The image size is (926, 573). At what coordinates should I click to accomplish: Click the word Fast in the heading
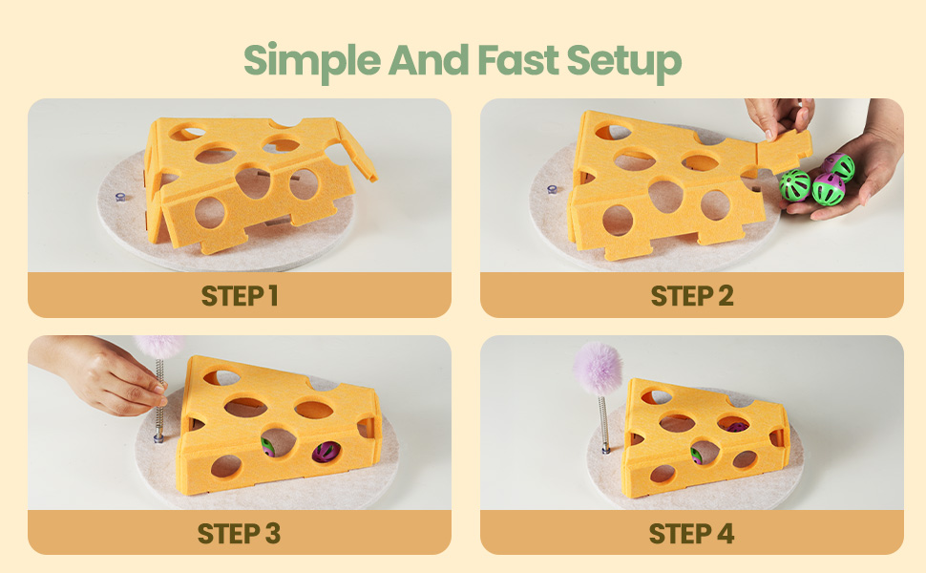(x=518, y=59)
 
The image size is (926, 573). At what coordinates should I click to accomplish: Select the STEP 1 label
(x=240, y=296)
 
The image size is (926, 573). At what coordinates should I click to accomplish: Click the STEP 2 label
(x=692, y=296)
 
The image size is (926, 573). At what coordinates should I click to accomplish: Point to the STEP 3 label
(x=240, y=534)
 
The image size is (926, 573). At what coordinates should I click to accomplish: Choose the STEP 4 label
(x=691, y=534)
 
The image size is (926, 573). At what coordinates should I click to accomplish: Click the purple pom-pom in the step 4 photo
(x=598, y=370)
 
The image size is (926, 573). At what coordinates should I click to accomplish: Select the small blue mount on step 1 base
(x=120, y=197)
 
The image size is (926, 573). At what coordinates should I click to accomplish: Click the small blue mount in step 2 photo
(x=552, y=190)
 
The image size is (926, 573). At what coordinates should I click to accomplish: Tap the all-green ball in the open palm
(x=794, y=185)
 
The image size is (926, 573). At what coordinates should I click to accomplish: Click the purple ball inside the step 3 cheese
(x=326, y=453)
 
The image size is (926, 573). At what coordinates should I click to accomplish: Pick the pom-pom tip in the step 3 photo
(x=159, y=346)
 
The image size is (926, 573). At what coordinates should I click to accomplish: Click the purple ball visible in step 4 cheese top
(x=736, y=426)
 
